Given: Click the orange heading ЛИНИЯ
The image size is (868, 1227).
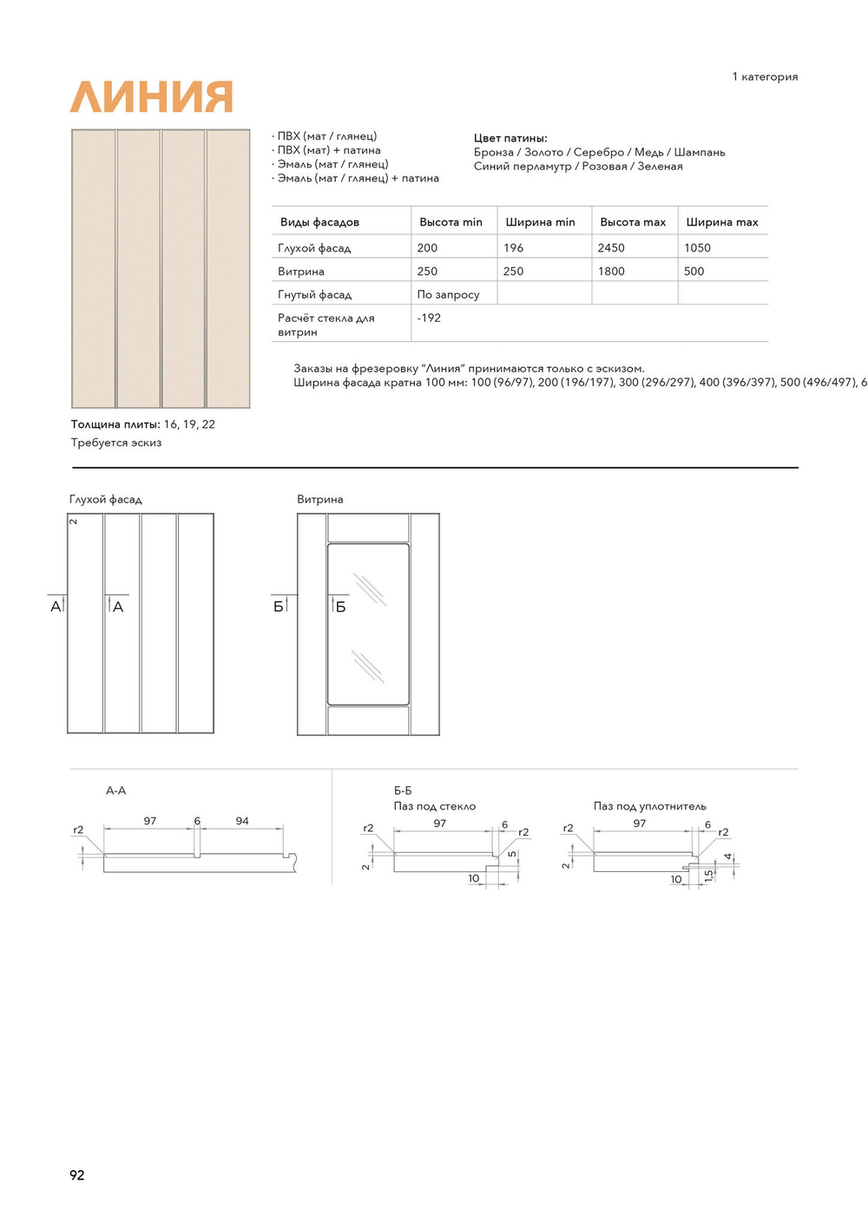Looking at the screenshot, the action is [x=151, y=97].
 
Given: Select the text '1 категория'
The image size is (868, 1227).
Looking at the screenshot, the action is [x=765, y=76].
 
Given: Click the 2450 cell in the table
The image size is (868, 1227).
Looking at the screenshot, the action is [x=611, y=247].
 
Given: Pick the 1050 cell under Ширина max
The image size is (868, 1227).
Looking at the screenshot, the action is [x=697, y=247].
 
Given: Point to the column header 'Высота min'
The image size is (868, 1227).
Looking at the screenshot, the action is [x=450, y=222].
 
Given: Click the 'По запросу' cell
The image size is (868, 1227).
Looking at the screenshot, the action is [x=448, y=295].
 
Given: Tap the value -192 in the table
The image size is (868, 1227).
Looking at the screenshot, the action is [x=429, y=318].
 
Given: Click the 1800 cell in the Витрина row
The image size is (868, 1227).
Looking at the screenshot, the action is [x=611, y=271].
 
